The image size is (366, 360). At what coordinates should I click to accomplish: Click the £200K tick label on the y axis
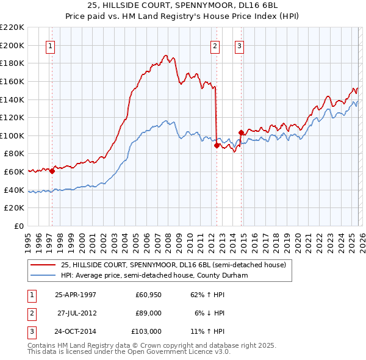pos(12,45)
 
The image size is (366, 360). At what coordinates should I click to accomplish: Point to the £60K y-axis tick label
pos(14,172)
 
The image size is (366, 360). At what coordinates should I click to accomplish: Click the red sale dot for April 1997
pos(52,171)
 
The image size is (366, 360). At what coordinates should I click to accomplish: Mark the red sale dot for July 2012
pos(217,146)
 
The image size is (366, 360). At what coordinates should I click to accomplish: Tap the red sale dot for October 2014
pos(241,132)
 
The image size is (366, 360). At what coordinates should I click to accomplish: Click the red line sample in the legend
pos(43,265)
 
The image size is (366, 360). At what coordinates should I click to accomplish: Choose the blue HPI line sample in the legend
pos(43,275)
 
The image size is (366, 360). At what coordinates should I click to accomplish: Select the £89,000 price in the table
pos(148,312)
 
